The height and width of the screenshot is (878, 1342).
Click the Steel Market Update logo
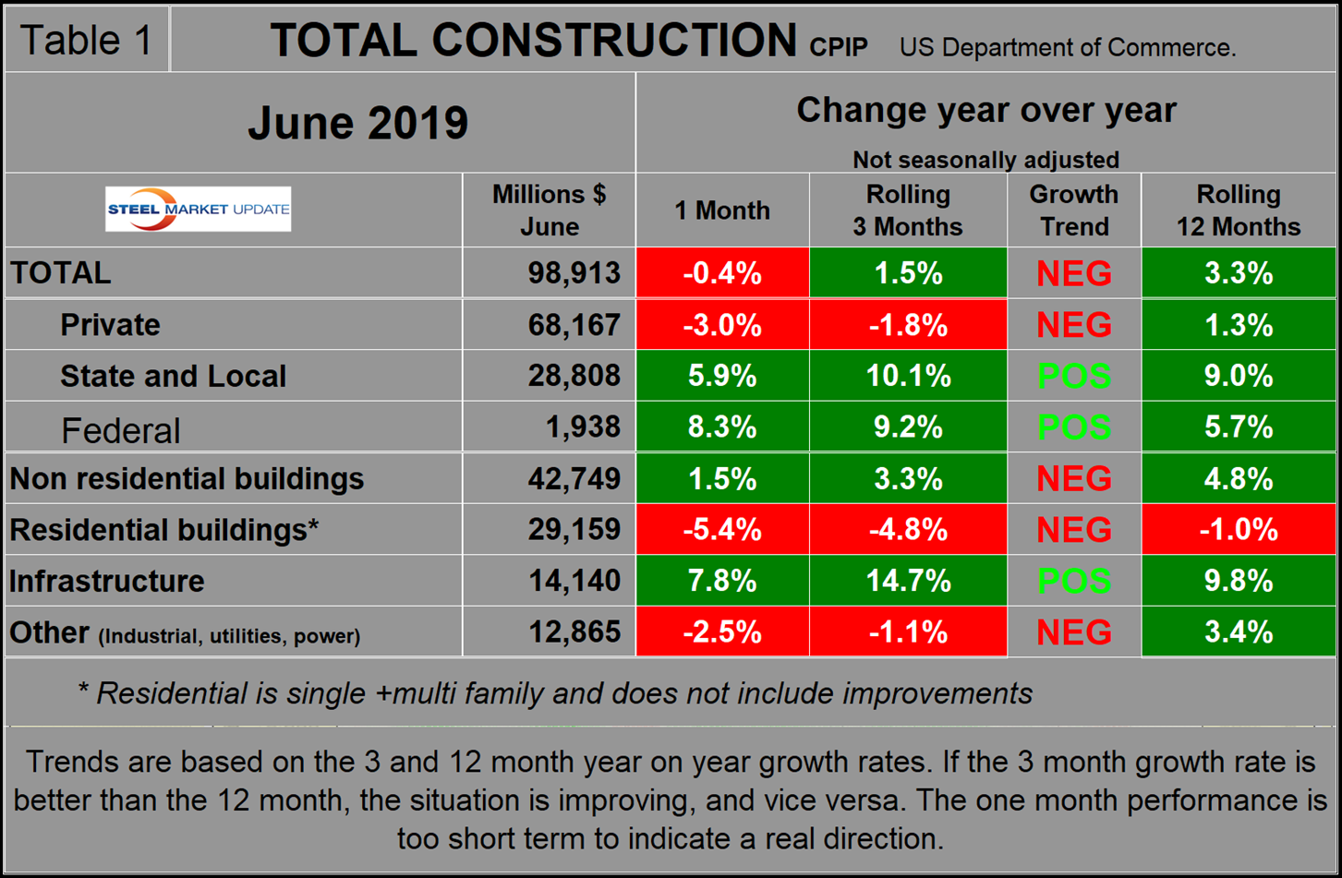[199, 209]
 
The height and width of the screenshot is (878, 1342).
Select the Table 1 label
[86, 41]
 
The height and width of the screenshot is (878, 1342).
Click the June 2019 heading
[357, 123]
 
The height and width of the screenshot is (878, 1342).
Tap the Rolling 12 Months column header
[1238, 210]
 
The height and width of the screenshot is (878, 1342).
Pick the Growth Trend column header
[1073, 210]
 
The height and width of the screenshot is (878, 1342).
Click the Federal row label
[120, 430]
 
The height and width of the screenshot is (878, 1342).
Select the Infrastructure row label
[107, 581]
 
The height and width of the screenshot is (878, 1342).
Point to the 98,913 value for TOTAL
[574, 273]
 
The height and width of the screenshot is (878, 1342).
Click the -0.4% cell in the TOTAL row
[722, 273]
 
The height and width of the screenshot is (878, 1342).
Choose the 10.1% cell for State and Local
[908, 376]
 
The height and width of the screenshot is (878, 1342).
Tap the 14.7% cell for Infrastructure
[908, 581]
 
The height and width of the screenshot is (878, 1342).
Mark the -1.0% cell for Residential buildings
[1238, 530]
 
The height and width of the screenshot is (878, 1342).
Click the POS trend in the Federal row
[1073, 427]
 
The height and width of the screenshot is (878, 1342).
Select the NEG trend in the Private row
[1073, 325]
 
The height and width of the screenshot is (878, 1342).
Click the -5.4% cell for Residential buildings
[722, 530]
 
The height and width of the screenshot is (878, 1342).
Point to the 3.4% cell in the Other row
[1238, 632]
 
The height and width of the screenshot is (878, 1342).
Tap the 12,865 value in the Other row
[574, 632]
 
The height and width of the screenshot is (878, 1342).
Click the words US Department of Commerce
[1068, 48]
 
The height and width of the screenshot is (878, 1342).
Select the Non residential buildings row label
[187, 478]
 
